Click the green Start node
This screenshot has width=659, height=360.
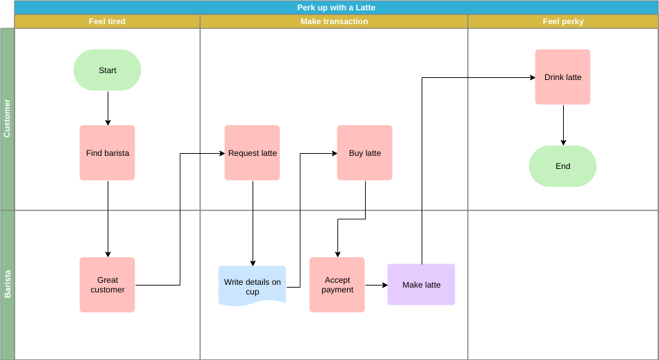(107, 70)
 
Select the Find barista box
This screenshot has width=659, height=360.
(107, 153)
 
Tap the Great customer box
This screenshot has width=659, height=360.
(107, 285)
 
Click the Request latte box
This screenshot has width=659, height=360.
(252, 153)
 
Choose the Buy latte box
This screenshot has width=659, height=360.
(364, 153)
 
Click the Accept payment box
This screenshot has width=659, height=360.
(337, 285)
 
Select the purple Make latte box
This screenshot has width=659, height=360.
(421, 285)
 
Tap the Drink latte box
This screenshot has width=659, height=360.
(562, 77)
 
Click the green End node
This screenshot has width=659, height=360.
(562, 166)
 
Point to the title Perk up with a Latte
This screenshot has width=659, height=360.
(336, 8)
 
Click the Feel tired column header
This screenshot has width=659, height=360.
(107, 21)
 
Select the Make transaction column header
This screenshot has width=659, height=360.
(334, 21)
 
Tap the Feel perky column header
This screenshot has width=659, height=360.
(563, 21)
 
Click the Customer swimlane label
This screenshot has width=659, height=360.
(7, 119)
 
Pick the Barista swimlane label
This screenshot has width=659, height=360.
(7, 284)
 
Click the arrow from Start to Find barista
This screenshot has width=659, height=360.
(108, 108)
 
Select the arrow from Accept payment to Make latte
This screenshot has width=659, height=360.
(376, 285)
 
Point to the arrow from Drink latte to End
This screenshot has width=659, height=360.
(563, 125)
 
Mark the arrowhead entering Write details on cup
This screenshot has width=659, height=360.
(253, 263)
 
